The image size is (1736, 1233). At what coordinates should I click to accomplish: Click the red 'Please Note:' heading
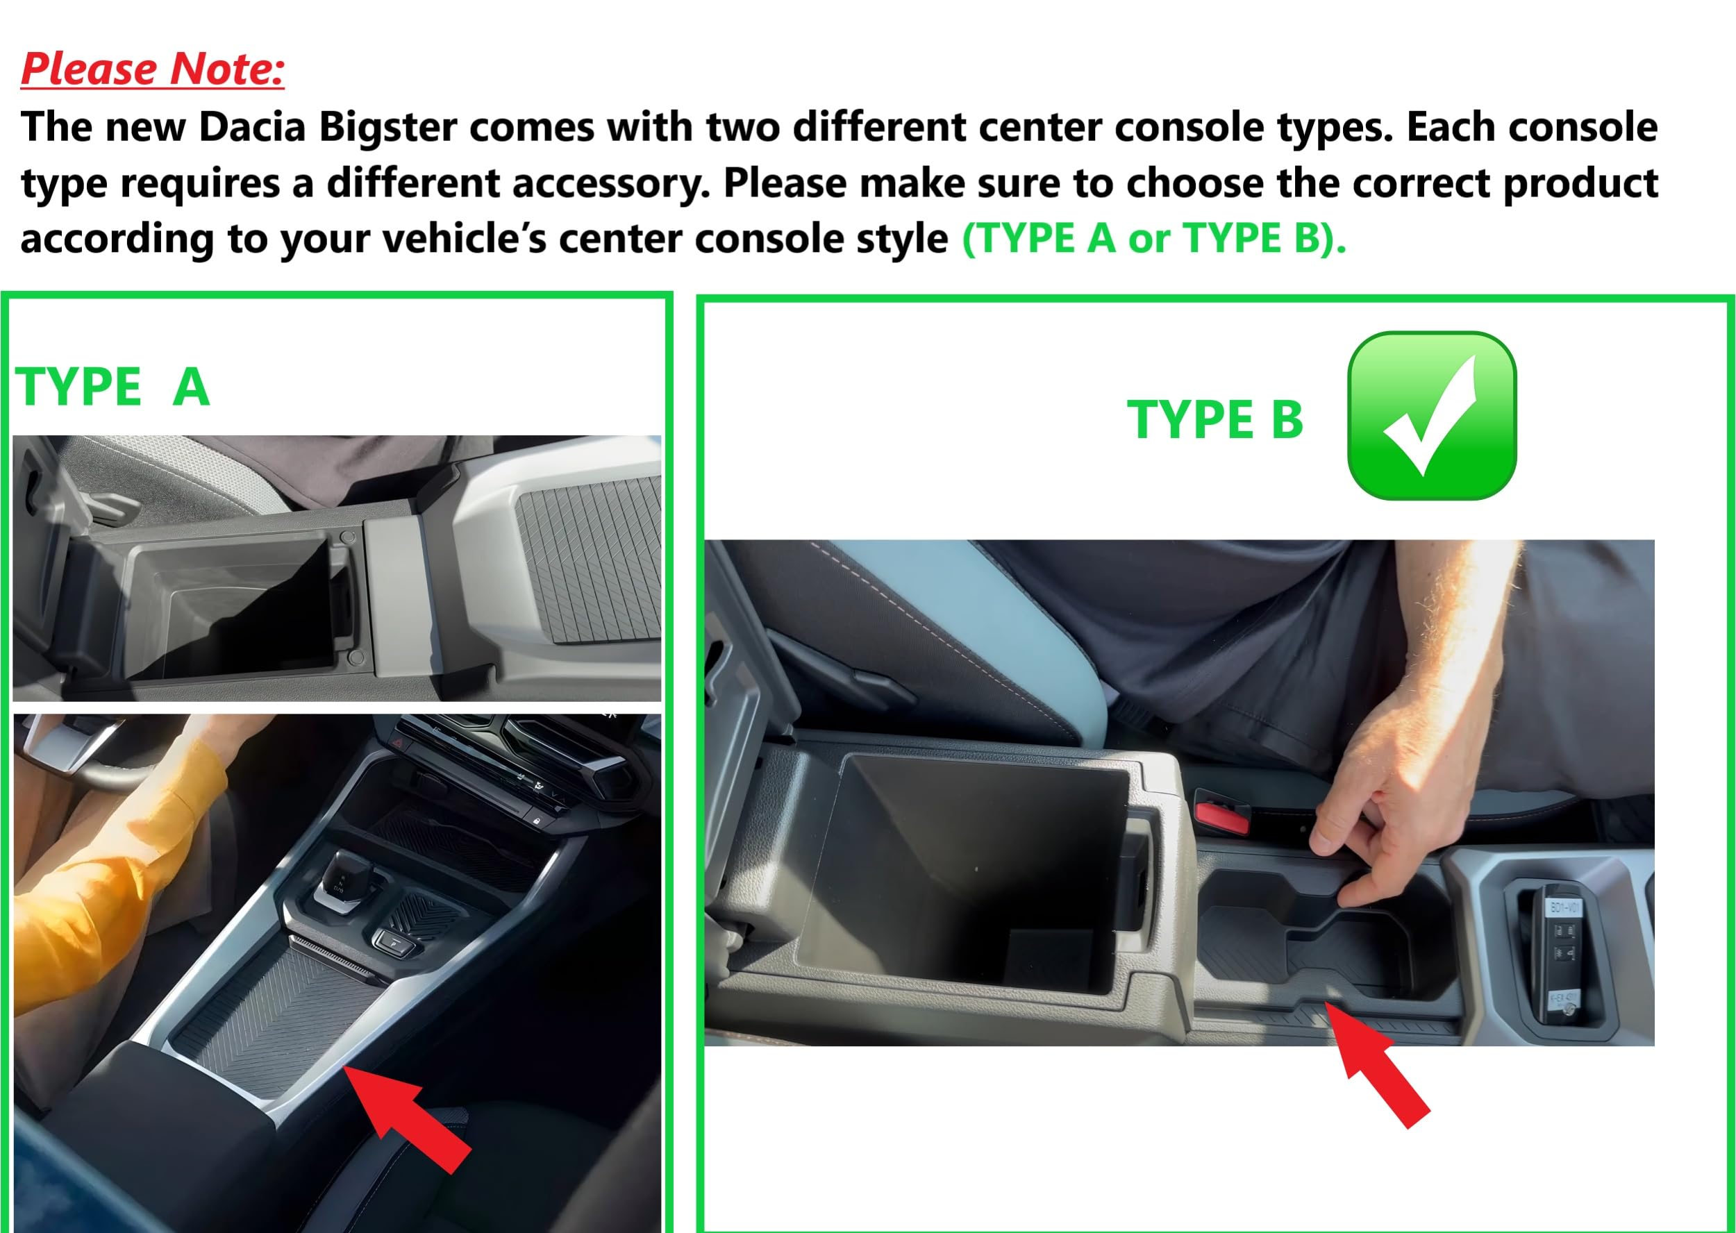pyautogui.click(x=152, y=69)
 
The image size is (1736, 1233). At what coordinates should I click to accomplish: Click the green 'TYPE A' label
pyautogui.click(x=112, y=387)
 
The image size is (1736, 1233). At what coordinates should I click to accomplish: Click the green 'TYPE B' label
pyautogui.click(x=1215, y=419)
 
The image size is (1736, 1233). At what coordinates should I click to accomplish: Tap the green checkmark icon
pyautogui.click(x=1431, y=415)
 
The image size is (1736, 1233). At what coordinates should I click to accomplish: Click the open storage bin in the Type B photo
pyautogui.click(x=965, y=873)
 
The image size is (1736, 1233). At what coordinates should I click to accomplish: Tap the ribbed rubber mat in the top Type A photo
pyautogui.click(x=589, y=554)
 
